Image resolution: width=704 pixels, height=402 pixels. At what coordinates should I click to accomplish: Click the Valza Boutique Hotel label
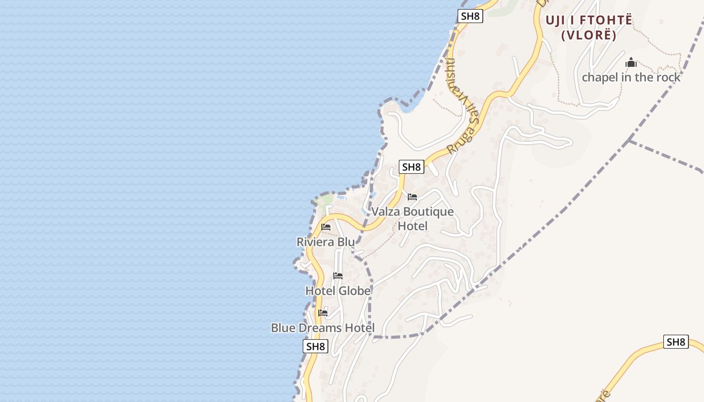click(x=412, y=219)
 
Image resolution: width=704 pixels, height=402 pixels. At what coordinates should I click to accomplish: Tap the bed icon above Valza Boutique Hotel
click(x=412, y=197)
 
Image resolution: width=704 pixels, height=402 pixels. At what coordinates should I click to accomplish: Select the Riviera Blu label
click(x=325, y=242)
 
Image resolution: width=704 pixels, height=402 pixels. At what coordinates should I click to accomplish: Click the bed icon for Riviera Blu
click(x=326, y=227)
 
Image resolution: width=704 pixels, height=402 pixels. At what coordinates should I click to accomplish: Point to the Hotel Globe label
click(x=338, y=291)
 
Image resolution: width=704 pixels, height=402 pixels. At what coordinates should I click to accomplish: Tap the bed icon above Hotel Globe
click(x=338, y=276)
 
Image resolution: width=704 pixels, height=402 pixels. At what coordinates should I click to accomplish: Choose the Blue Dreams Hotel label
click(x=322, y=328)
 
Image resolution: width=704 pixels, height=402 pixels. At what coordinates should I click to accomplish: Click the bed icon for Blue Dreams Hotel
click(x=323, y=313)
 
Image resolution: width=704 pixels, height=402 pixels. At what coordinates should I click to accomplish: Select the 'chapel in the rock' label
click(x=631, y=77)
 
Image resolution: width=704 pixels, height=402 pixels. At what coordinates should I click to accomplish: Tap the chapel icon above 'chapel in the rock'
click(x=631, y=63)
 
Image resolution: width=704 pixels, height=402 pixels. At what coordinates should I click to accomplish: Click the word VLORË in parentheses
click(x=588, y=35)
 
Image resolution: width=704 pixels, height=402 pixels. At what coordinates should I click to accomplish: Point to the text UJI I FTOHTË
click(x=589, y=21)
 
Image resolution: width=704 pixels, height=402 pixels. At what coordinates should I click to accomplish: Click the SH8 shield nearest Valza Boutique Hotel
click(x=411, y=167)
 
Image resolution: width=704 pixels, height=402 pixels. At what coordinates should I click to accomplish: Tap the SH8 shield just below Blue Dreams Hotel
click(x=316, y=346)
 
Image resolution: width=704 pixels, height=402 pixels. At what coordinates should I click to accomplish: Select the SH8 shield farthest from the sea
click(x=676, y=342)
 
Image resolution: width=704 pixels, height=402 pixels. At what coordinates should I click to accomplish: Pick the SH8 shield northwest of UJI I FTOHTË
click(x=470, y=16)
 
